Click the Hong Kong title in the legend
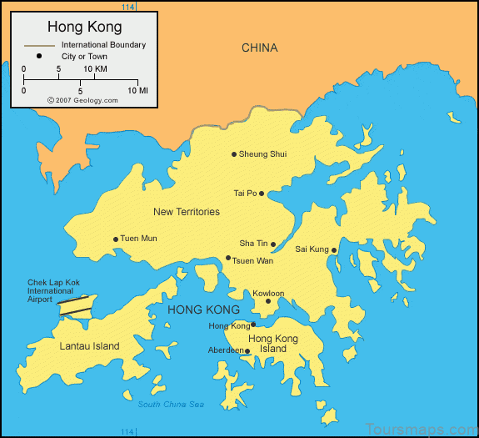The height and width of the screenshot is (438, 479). (x=84, y=27)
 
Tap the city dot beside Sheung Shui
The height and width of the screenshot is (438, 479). (x=234, y=154)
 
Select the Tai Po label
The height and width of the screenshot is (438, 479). (x=245, y=194)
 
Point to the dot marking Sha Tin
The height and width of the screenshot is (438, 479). (x=273, y=244)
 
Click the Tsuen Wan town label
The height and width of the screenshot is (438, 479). (x=252, y=261)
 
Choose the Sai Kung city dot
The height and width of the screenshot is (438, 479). (x=334, y=249)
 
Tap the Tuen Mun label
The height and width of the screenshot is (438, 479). (x=138, y=239)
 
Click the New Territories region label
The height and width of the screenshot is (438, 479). (x=187, y=212)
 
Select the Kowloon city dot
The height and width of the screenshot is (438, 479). (x=268, y=301)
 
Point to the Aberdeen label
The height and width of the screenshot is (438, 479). (x=225, y=350)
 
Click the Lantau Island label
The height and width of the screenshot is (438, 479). (x=89, y=346)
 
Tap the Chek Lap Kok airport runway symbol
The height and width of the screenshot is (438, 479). (x=77, y=305)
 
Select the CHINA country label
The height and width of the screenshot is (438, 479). (x=259, y=48)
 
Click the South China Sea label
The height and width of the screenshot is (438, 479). (x=170, y=405)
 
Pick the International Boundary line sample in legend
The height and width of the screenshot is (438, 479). (x=39, y=45)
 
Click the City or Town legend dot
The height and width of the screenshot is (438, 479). (x=39, y=57)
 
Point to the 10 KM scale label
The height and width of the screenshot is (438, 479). (x=94, y=68)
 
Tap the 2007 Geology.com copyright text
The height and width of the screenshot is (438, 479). (x=82, y=99)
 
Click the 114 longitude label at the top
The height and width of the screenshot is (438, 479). (x=127, y=7)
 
